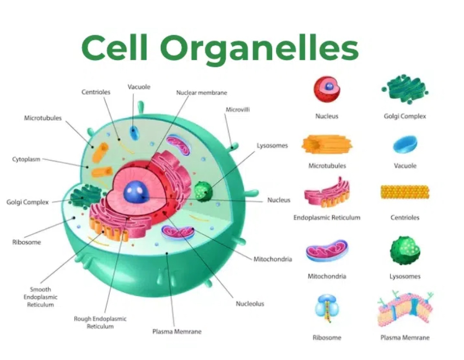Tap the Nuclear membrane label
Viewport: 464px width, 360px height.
pyautogui.click(x=201, y=93)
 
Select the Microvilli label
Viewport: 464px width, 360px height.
pyautogui.click(x=238, y=110)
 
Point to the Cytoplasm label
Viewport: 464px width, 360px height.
pyautogui.click(x=26, y=160)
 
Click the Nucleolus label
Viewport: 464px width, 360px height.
pyautogui.click(x=250, y=303)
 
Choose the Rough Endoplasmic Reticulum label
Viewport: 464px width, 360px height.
pyautogui.click(x=100, y=322)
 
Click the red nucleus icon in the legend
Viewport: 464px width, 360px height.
pyautogui.click(x=327, y=89)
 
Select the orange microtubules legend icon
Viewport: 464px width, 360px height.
pyautogui.click(x=327, y=144)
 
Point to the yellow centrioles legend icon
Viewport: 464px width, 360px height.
pyautogui.click(x=405, y=192)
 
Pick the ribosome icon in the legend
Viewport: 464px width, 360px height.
pyautogui.click(x=327, y=308)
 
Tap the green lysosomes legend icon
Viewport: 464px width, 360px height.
pyautogui.click(x=405, y=251)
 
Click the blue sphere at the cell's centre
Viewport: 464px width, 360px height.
pyautogui.click(x=134, y=192)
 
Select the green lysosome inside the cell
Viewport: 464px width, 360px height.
pyautogui.click(x=203, y=192)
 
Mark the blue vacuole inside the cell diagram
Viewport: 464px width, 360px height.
pyautogui.click(x=134, y=132)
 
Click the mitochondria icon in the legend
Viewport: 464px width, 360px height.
pyautogui.click(x=327, y=251)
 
